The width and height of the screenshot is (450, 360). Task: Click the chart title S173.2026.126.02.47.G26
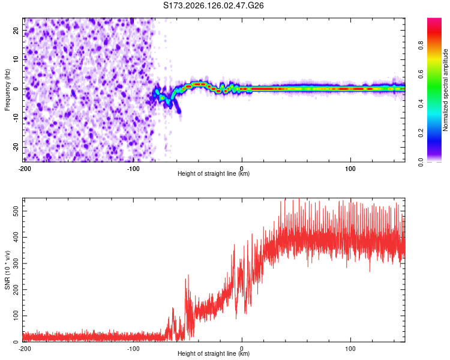tap(213, 5)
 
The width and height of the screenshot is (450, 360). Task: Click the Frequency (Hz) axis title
tap(7, 90)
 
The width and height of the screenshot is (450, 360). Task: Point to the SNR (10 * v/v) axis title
tap(7, 270)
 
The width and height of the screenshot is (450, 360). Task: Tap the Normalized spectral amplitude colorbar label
tap(445, 90)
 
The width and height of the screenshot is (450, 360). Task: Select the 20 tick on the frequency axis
tap(16, 30)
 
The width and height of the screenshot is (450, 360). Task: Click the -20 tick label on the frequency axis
tap(16, 147)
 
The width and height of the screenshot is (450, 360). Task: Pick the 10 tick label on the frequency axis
tap(16, 59)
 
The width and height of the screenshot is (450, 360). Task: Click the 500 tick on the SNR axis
tap(16, 211)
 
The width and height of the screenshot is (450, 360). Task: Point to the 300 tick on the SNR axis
tap(16, 263)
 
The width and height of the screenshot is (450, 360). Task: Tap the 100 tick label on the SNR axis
tap(16, 316)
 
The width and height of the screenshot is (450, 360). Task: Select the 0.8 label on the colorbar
tap(421, 46)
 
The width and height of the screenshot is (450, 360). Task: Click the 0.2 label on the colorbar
tap(421, 133)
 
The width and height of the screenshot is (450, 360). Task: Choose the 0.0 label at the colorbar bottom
tap(421, 162)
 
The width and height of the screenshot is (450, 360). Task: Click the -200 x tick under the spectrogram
tap(25, 169)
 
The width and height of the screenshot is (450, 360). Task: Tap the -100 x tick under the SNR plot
tap(133, 349)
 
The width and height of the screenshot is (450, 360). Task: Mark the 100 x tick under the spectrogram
tap(350, 169)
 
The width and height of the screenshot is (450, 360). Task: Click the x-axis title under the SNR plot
tap(214, 353)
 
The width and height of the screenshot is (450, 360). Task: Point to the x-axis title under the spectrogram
tap(214, 173)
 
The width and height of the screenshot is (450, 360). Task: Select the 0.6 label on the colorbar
tap(421, 74)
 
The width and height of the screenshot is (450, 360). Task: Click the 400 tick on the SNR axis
tap(16, 237)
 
